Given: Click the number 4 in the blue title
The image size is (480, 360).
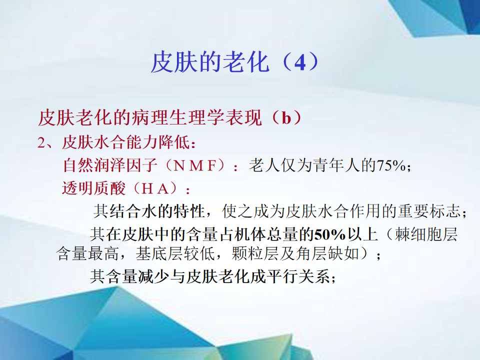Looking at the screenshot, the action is coord(299,62).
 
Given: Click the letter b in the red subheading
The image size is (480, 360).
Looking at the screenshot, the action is coord(286,118).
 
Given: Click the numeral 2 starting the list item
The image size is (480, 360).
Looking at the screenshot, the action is coord(41,143).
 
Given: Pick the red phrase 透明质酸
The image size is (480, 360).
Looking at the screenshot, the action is coord(93,188).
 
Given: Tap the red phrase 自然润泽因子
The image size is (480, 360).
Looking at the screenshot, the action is coord(110,165).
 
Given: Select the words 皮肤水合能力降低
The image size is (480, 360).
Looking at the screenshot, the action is coord(126,142).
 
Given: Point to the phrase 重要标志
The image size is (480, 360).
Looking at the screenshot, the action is coord(429,211).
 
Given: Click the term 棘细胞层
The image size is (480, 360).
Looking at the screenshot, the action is coord(426,234).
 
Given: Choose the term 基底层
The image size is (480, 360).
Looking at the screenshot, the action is coord(159,254).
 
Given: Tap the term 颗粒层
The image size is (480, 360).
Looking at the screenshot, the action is coord(255,254).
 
